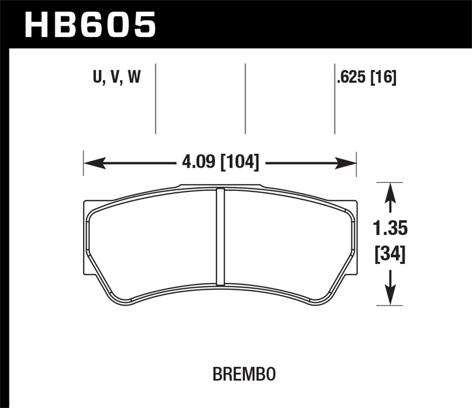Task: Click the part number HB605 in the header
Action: coord(90,24)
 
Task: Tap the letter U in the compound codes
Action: coord(98,77)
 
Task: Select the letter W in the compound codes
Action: coord(134,77)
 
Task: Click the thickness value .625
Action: coord(351,77)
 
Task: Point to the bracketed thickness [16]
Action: coord(383,77)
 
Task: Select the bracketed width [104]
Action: coord(240,163)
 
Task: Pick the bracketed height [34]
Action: coord(390,254)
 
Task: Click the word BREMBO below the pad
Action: coord(244,374)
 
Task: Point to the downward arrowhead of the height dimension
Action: coord(390,296)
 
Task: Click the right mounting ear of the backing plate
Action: coord(356,236)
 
